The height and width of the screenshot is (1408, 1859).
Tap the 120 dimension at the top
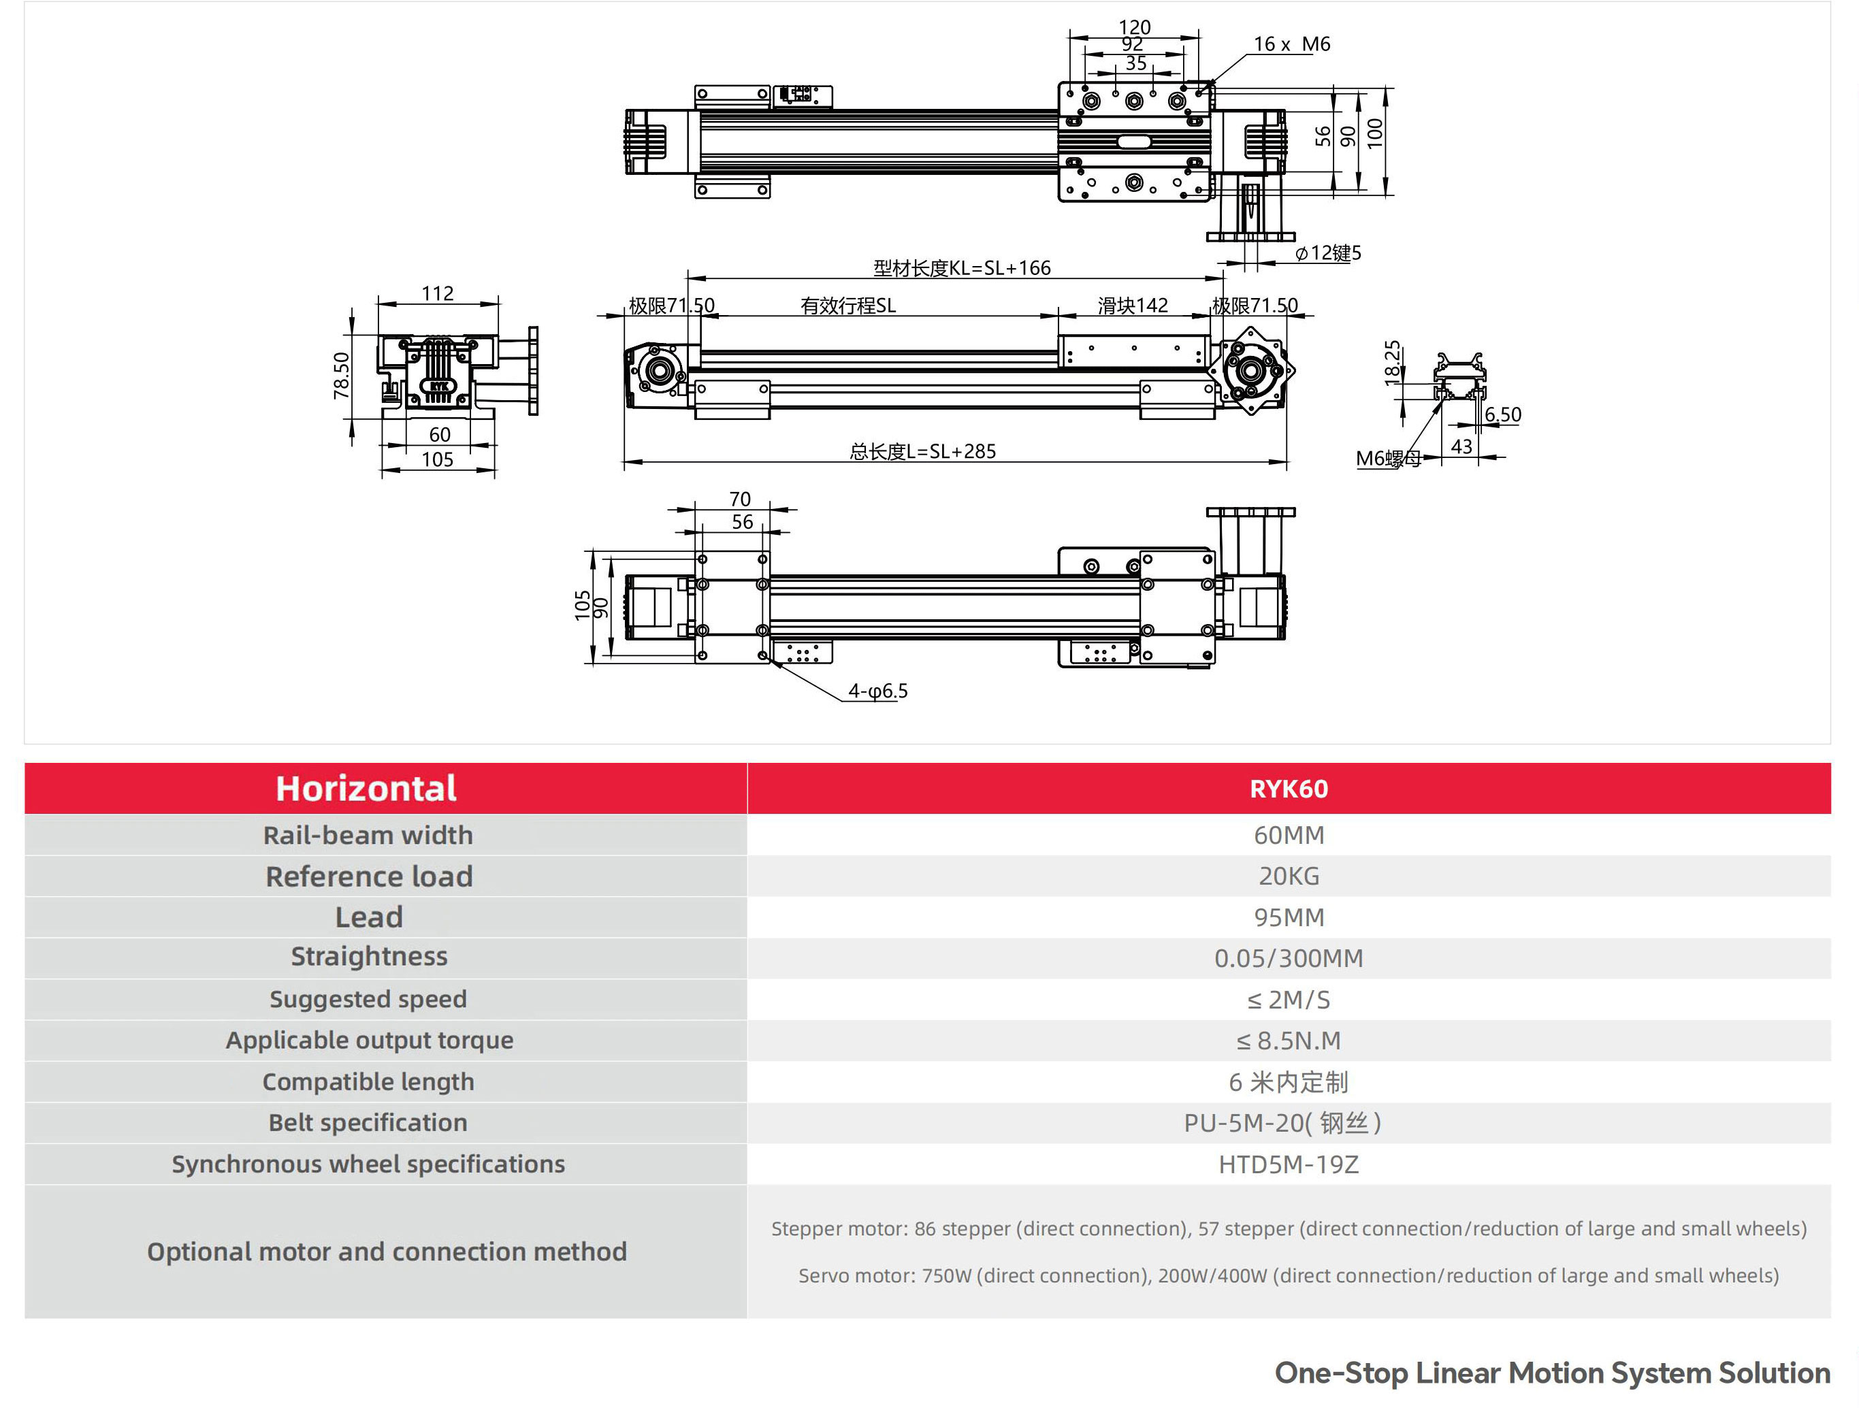(1135, 27)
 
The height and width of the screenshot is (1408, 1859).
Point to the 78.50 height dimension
(341, 375)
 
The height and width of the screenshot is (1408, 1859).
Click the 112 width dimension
(438, 293)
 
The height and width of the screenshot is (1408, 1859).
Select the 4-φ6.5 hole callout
(877, 691)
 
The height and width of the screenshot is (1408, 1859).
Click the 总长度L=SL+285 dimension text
(922, 452)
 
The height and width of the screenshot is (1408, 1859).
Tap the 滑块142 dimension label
(1132, 306)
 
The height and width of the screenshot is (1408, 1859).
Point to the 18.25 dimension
(1393, 362)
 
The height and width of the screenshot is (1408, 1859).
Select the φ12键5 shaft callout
(1328, 253)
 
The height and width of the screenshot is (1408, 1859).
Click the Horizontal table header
(366, 789)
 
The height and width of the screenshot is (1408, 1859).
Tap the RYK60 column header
(1289, 789)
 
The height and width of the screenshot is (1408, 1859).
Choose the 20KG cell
(1289, 877)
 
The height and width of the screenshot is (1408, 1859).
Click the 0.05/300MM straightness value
(1289, 959)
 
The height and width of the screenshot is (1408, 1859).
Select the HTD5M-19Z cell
(1289, 1164)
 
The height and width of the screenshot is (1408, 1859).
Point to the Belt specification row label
(368, 1124)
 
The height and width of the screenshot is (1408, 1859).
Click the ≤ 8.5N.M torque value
(1289, 1041)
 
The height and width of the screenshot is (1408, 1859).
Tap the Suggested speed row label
(368, 1000)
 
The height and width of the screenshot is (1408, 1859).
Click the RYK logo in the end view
(438, 387)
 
